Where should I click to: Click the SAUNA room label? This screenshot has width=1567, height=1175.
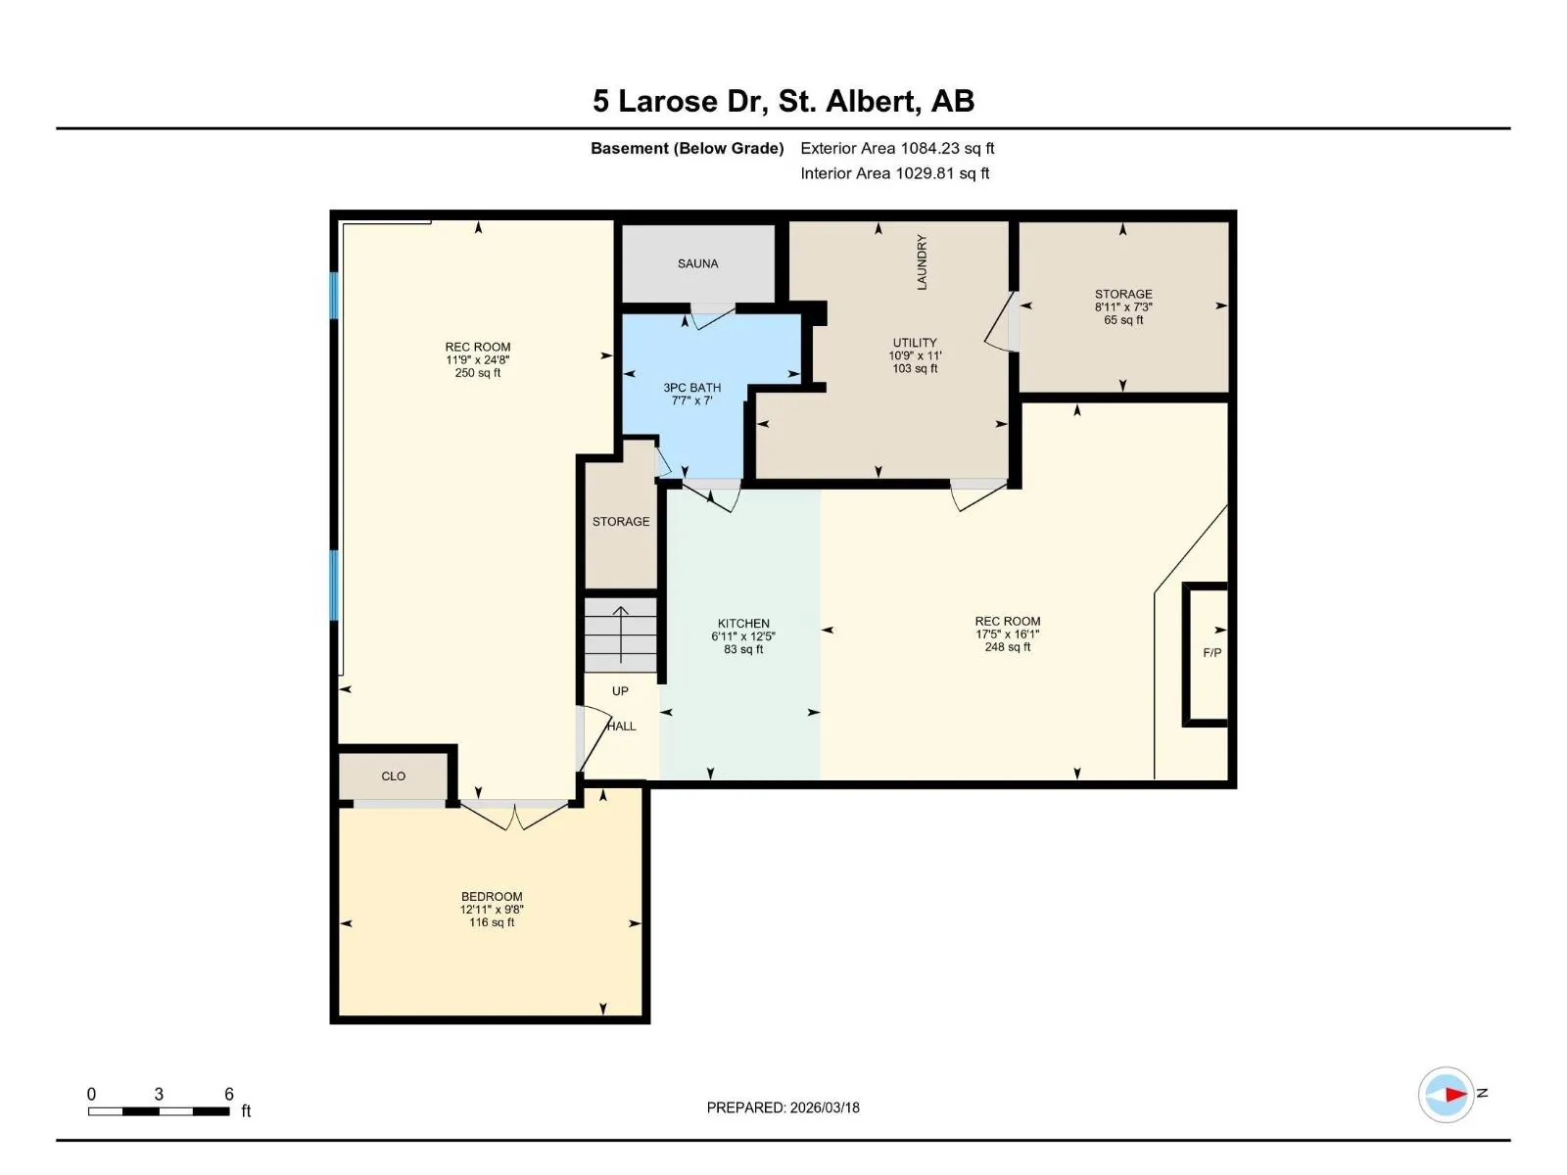tap(697, 264)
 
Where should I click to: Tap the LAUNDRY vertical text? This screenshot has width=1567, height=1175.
tap(922, 261)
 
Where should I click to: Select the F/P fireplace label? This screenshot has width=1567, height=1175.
tap(1211, 653)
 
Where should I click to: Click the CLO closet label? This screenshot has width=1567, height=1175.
tap(394, 776)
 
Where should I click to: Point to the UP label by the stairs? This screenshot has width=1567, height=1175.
tap(620, 691)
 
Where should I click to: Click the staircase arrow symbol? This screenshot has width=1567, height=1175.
tap(620, 634)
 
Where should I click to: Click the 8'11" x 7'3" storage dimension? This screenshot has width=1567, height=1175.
tap(1123, 307)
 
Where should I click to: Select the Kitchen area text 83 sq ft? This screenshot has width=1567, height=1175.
tap(743, 650)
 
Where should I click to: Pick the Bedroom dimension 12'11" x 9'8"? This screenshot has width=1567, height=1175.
tap(492, 910)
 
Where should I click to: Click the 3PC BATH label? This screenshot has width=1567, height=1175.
tap(691, 388)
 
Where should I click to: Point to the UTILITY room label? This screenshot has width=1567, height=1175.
tap(915, 343)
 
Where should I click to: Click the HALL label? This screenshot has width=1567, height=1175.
tap(621, 727)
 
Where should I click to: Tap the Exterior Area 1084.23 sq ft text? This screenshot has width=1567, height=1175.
tap(897, 149)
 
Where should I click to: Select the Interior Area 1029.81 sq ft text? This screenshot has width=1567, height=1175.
tap(894, 173)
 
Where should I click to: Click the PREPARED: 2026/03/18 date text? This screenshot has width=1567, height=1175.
tap(783, 1108)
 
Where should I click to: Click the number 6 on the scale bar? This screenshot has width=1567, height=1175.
tap(229, 1095)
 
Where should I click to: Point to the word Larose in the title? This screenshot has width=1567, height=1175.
tap(668, 101)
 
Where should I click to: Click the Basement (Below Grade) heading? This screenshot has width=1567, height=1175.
tap(687, 149)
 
